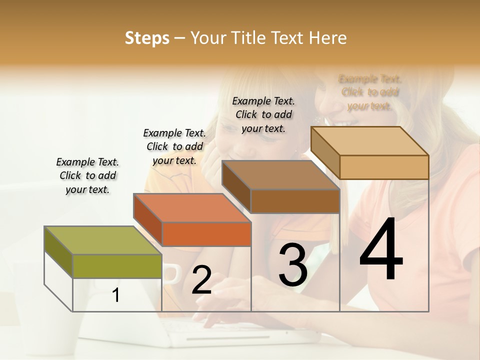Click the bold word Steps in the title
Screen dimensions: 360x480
tap(147, 38)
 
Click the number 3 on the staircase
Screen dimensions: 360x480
tap(293, 265)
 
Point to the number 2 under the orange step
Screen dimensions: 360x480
tap(201, 280)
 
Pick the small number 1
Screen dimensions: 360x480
tap(116, 295)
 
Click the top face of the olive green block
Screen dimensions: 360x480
tap(102, 240)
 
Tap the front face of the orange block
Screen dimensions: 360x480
tap(206, 234)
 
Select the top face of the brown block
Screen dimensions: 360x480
tap(280, 175)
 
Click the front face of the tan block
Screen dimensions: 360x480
tap(384, 167)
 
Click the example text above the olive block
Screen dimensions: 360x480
tap(87, 175)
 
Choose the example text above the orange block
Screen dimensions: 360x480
tap(174, 146)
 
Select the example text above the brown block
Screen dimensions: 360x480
tap(263, 114)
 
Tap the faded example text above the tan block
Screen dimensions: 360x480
tap(370, 92)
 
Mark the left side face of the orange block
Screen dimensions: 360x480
tap(147, 220)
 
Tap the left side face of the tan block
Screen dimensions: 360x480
tap(325, 153)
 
